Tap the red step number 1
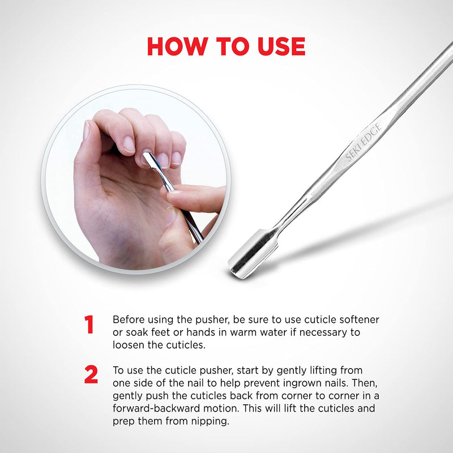[x=89, y=325]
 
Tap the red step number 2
[x=91, y=375]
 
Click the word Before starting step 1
[x=129, y=320]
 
